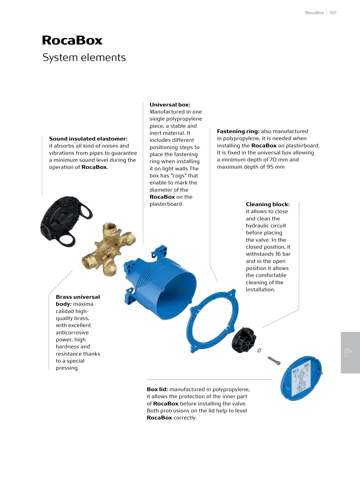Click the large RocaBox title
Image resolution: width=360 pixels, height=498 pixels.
point(72,40)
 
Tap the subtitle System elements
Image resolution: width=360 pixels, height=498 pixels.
point(84,58)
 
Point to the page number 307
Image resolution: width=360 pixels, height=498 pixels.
point(333,13)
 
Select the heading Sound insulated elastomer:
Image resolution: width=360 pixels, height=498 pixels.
point(88,139)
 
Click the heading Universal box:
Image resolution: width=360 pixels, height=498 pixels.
point(170,105)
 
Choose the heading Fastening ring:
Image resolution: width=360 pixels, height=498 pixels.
point(238,131)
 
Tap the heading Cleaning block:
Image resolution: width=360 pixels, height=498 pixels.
point(268,204)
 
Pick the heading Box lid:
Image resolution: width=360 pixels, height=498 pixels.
point(157,389)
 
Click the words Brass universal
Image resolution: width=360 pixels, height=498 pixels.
point(78,297)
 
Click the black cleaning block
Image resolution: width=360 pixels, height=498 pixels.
point(244,340)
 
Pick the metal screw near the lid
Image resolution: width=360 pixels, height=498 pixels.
point(274,361)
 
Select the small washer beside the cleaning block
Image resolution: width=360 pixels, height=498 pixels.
point(259,351)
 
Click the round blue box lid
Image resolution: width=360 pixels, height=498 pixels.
point(301,378)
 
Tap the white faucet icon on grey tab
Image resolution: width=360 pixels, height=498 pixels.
point(348,353)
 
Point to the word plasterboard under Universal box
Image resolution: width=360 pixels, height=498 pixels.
point(166,204)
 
